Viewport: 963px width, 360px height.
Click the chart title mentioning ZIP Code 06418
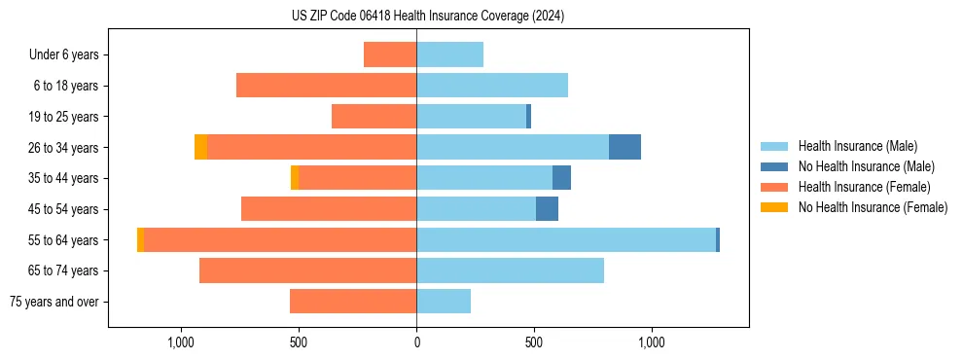pyautogui.click(x=427, y=17)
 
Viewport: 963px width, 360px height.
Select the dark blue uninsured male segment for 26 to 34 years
pyautogui.click(x=624, y=147)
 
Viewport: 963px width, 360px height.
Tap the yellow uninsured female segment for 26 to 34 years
pyautogui.click(x=200, y=147)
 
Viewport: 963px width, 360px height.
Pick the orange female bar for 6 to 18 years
pyautogui.click(x=326, y=86)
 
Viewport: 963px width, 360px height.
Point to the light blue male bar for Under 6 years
pyautogui.click(x=449, y=54)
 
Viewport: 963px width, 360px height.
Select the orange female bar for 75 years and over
pyautogui.click(x=353, y=302)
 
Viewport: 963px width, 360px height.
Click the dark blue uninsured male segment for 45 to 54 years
pyautogui.click(x=547, y=209)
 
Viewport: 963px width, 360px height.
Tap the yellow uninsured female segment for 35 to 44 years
pyautogui.click(x=295, y=178)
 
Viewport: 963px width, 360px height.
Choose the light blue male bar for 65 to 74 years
pyautogui.click(x=510, y=270)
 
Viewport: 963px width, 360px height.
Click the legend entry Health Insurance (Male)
pyautogui.click(x=855, y=146)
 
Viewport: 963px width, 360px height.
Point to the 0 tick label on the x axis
pyautogui.click(x=416, y=342)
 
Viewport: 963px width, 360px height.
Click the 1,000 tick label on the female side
pyautogui.click(x=182, y=342)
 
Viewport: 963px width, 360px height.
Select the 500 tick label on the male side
pyautogui.click(x=533, y=342)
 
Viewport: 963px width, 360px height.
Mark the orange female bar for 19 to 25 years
pyautogui.click(x=374, y=117)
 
